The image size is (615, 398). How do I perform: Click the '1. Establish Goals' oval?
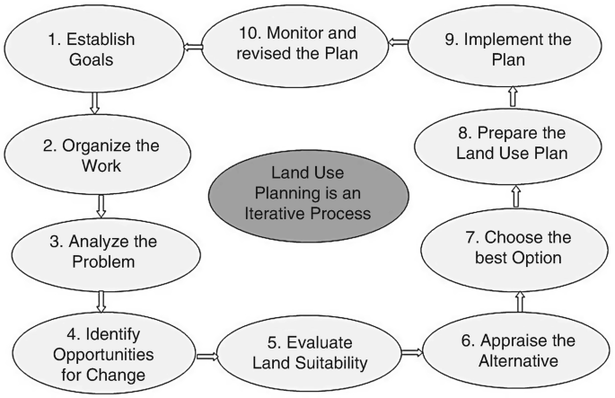93,49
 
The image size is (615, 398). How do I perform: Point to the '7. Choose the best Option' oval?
517,248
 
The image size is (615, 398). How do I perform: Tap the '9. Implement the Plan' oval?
507,49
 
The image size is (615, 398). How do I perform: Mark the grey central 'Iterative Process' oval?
308,195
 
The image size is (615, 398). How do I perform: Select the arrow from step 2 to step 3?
101,205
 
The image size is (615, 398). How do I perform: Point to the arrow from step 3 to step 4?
101,300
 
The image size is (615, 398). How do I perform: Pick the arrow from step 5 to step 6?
411,352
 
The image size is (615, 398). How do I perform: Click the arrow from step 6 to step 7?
520,301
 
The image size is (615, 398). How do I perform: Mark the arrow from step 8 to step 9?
513,94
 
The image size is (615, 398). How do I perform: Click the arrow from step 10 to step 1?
193,46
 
